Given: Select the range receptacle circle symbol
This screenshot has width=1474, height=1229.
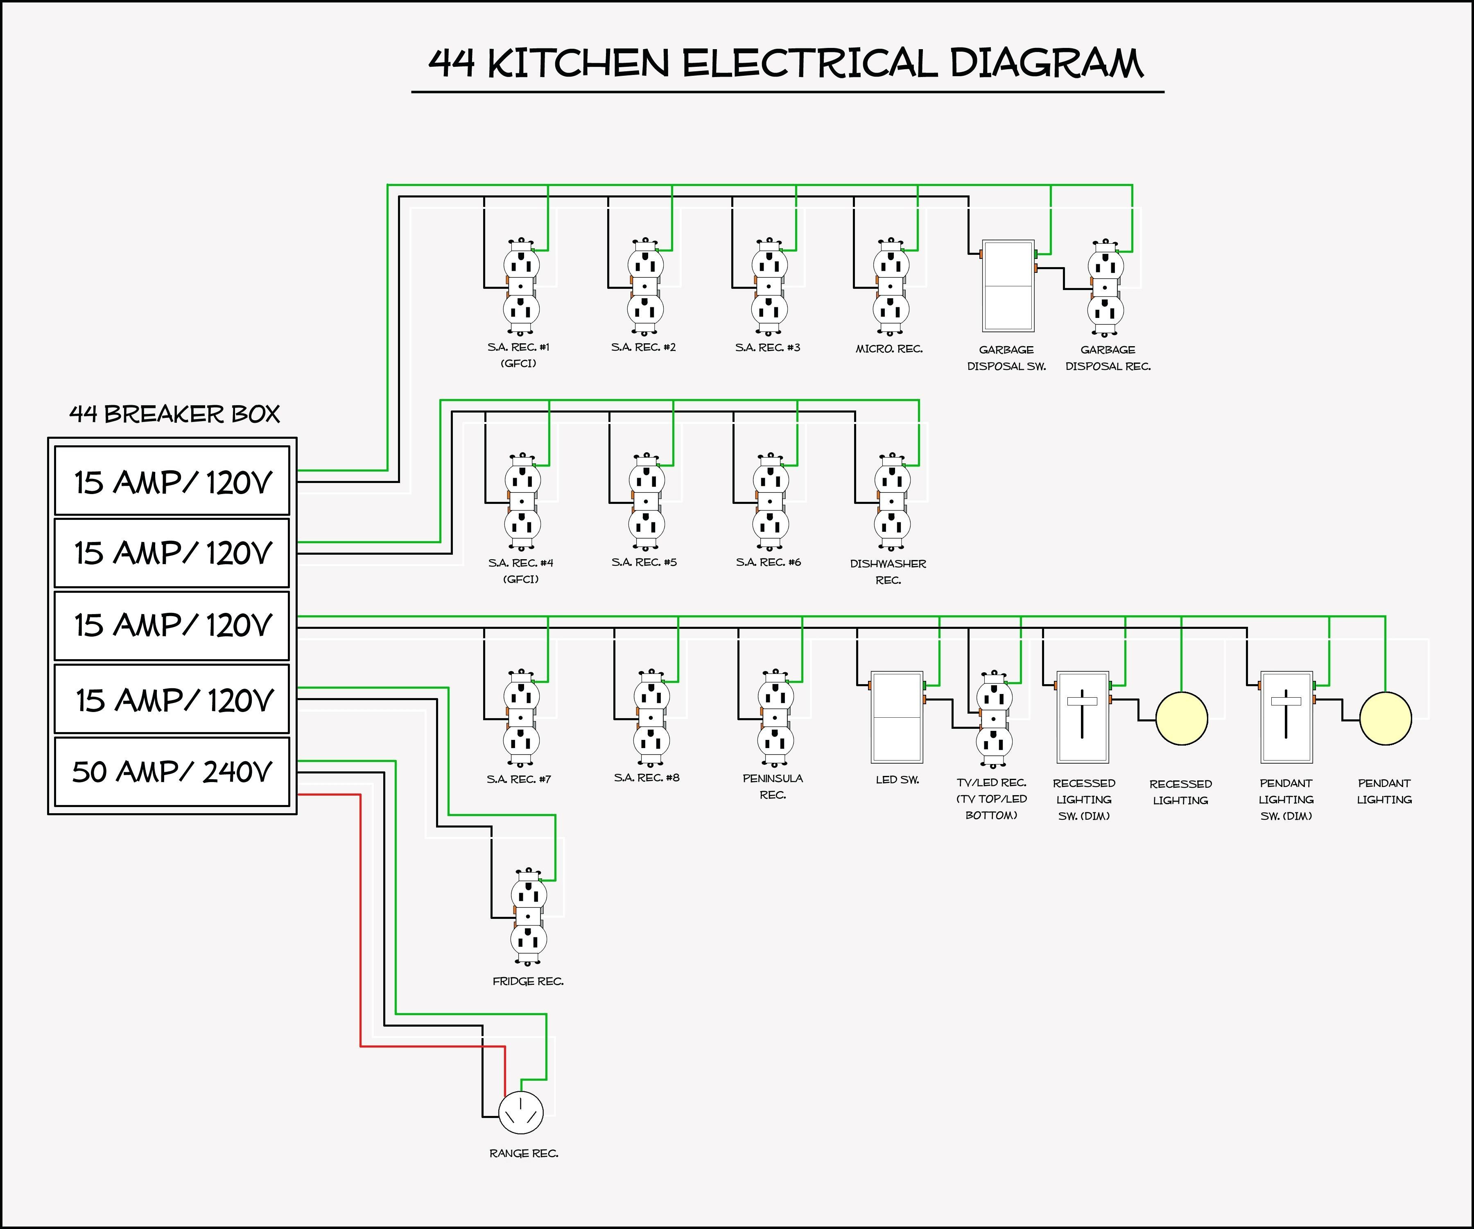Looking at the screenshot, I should (x=521, y=1113).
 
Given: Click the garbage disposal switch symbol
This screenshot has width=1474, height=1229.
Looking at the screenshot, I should (x=1008, y=286).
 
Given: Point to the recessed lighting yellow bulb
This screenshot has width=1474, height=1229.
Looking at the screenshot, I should (x=1181, y=719).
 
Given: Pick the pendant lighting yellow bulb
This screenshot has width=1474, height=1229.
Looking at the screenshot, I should (x=1385, y=719).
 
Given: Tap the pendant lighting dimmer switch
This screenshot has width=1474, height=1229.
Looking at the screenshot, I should (x=1286, y=717).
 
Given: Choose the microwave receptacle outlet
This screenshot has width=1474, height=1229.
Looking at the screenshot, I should (x=891, y=286).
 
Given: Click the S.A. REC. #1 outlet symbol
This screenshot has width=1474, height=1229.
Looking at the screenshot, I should (x=521, y=286).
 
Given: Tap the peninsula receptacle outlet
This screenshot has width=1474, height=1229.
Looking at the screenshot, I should (x=775, y=718).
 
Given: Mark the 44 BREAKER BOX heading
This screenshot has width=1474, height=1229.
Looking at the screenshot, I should (x=174, y=414).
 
